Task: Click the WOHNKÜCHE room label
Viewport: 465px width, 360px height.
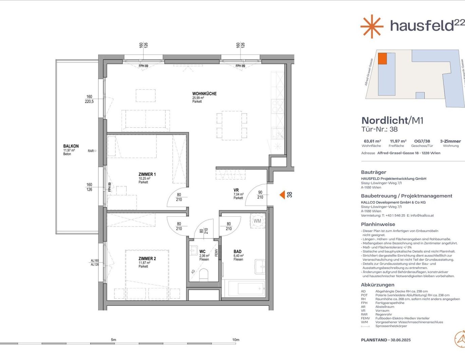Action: point(204,94)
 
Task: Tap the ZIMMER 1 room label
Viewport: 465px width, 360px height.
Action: point(147,175)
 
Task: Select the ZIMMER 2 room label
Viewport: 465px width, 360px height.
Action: point(147,259)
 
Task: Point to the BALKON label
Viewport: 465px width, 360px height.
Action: point(71,146)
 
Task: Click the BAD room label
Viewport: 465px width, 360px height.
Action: point(238,252)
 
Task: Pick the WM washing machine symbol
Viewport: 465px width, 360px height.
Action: point(257,221)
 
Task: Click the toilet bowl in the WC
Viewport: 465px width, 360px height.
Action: point(204,274)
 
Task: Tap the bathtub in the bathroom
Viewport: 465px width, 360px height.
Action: point(246,289)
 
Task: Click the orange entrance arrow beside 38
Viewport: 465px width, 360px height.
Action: point(282,195)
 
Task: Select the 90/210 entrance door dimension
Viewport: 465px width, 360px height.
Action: point(260,195)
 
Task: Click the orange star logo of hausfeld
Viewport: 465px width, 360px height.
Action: point(372,26)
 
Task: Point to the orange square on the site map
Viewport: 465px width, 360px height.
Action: point(383,58)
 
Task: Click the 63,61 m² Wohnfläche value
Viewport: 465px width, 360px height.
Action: point(372,141)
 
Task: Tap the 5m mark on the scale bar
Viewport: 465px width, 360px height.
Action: point(113,340)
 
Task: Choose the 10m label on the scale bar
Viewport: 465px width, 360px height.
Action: point(236,340)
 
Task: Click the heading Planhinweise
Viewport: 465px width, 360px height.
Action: point(378,224)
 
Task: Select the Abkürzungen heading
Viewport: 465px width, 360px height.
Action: point(377,285)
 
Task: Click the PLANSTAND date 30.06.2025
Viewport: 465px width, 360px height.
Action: point(401,340)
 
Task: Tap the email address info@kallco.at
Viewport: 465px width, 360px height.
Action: point(422,215)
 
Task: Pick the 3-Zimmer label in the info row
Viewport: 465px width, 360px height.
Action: point(450,141)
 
